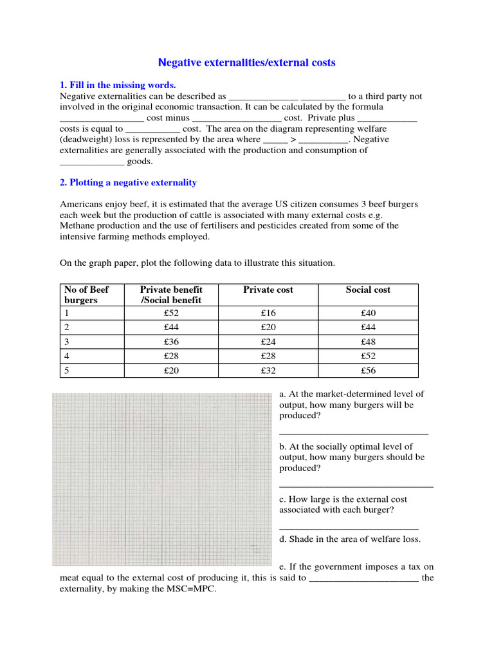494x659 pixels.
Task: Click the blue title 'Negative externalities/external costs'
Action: pos(247,62)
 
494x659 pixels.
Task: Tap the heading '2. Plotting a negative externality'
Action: pos(128,183)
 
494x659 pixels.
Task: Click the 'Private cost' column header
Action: pos(268,290)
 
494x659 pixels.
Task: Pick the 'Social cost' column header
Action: pos(368,290)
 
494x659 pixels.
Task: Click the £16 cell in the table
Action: pos(268,313)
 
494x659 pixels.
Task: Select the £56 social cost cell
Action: pos(368,371)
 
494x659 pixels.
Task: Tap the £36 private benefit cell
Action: pos(171,342)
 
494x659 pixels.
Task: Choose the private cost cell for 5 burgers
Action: pos(268,371)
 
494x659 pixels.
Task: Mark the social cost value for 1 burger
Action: pos(368,313)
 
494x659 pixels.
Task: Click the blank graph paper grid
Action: pos(162,479)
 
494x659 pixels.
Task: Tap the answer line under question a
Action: pos(354,434)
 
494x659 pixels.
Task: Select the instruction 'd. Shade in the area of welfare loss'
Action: pos(350,539)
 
